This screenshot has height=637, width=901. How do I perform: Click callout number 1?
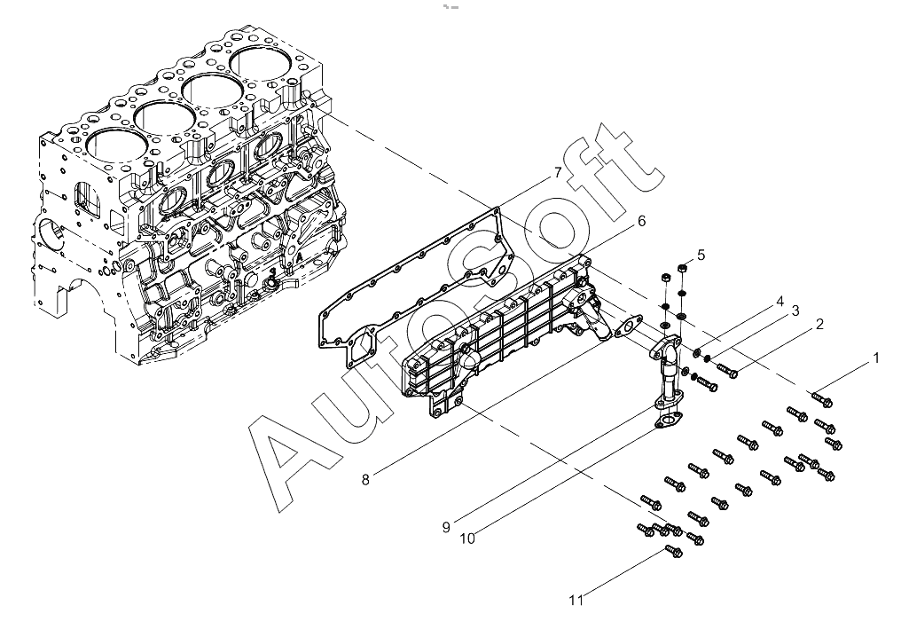pos(875,358)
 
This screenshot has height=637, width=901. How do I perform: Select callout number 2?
pos(819,324)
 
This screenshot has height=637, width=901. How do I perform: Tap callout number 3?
pos(795,311)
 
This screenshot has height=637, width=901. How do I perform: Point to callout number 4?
pos(780,302)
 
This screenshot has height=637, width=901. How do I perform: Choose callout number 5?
pos(701,254)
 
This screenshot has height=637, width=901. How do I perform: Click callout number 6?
pos(640,221)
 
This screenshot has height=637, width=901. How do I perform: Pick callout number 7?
pos(558,172)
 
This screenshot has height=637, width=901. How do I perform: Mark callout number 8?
pos(365,479)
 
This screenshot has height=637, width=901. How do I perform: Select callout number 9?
pos(446,527)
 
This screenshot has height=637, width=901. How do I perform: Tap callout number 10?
pos(467,539)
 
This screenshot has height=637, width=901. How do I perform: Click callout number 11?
pos(576,601)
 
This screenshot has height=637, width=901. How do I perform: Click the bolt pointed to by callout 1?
pos(822,399)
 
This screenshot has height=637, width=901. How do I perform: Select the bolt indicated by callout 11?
pos(673,551)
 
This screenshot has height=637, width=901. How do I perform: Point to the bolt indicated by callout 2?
pos(728,371)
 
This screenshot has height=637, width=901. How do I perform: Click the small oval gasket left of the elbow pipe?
pos(629,325)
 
